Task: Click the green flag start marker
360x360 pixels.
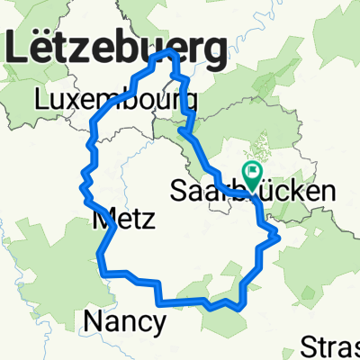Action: pyautogui.click(x=253, y=170)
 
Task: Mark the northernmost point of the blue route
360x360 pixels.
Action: pyautogui.click(x=166, y=53)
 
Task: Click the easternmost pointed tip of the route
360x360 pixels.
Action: pyautogui.click(x=280, y=237)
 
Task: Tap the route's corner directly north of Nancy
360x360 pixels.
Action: pyautogui.click(x=101, y=267)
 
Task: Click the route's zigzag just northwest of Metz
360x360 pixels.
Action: pyautogui.click(x=85, y=184)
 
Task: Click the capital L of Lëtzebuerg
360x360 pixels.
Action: pyautogui.click(x=21, y=49)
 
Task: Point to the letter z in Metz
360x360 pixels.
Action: pyautogui.click(x=148, y=219)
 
